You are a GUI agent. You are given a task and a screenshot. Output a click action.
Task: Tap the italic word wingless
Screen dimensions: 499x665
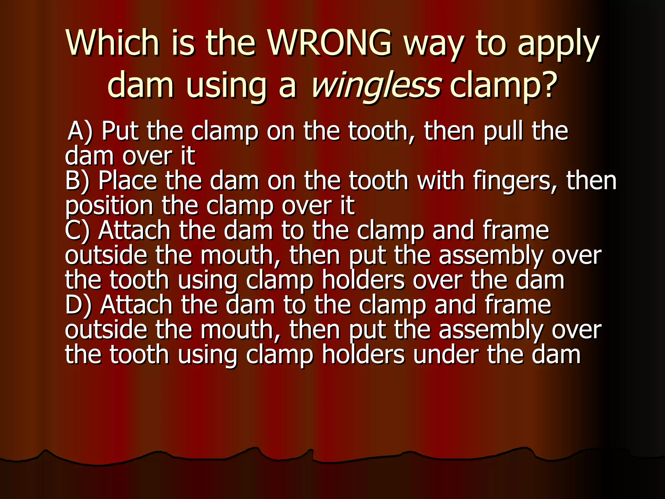pyautogui.click(x=376, y=85)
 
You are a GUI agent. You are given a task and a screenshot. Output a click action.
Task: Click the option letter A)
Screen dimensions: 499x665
pyautogui.click(x=80, y=131)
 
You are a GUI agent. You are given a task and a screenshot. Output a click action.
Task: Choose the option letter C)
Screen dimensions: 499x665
pyautogui.click(x=77, y=231)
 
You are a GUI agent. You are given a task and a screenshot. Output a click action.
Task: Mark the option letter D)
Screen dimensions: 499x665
pyautogui.click(x=78, y=305)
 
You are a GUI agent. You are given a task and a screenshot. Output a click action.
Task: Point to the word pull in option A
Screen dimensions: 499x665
pyautogui.click(x=504, y=131)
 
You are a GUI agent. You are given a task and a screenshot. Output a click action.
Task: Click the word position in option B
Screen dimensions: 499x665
pyautogui.click(x=109, y=206)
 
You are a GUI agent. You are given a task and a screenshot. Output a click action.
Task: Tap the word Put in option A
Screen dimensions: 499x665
pyautogui.click(x=120, y=131)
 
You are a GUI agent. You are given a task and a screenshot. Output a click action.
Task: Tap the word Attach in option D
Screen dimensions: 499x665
pyautogui.click(x=136, y=305)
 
